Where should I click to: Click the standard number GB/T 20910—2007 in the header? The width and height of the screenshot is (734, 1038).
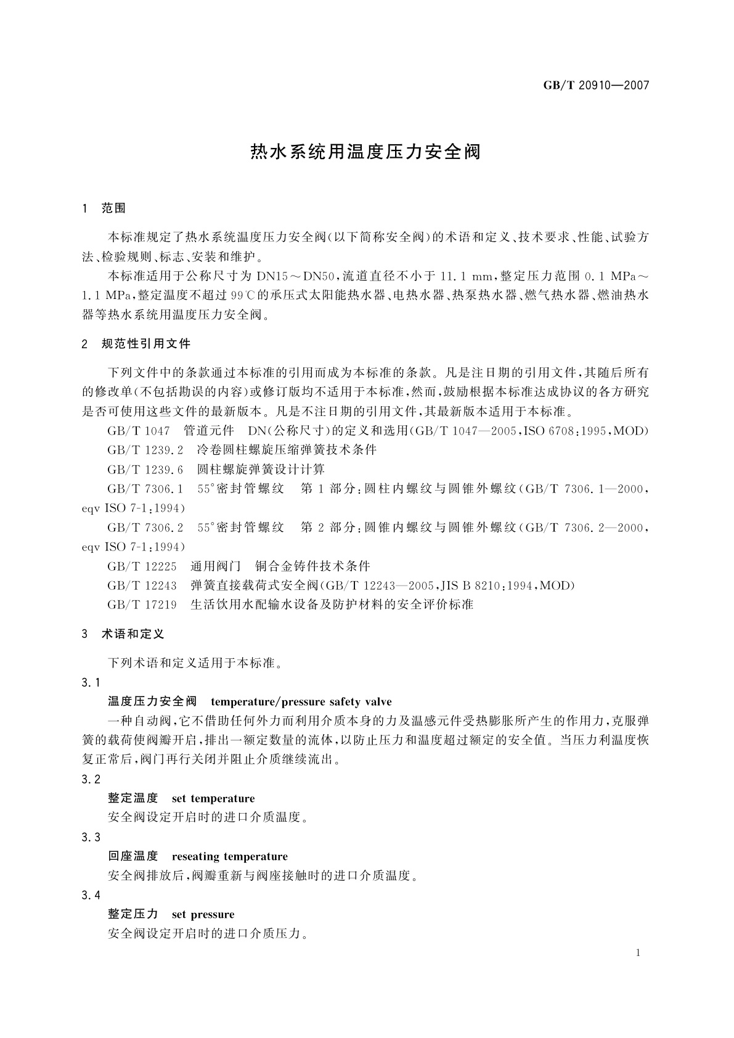(596, 86)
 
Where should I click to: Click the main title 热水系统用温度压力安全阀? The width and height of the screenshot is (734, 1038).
(365, 152)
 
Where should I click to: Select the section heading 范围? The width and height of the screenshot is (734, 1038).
(113, 208)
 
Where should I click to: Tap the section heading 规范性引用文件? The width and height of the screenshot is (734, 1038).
(146, 343)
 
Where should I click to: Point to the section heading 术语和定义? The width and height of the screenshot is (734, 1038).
(133, 634)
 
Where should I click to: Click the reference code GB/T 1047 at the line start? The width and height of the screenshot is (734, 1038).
(138, 431)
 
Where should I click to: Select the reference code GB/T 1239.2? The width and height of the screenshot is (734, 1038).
(145, 450)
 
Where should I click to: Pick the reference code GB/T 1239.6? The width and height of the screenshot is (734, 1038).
(145, 470)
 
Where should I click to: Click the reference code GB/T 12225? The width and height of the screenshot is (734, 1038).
(142, 566)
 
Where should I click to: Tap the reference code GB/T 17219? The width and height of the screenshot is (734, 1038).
(142, 605)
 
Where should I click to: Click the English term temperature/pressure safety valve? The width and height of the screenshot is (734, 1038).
(301, 701)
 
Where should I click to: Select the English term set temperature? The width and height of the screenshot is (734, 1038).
(213, 798)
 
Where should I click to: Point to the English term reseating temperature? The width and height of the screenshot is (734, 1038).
(229, 856)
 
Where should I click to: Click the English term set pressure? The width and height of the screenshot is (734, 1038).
(203, 914)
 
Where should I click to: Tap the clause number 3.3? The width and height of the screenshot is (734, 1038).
(91, 837)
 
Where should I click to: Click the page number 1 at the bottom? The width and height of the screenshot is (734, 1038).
(638, 953)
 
